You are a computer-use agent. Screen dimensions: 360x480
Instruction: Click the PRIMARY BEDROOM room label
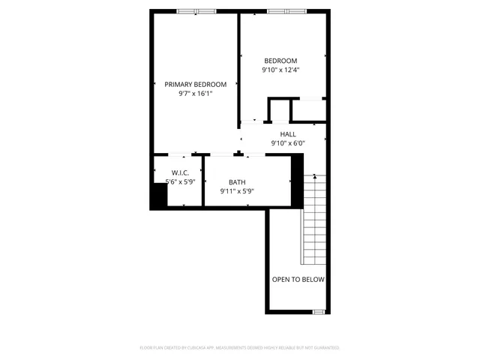[195, 85]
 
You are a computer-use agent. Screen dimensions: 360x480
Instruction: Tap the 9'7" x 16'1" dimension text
[195, 94]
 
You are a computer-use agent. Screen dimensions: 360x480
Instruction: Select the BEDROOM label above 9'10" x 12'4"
[280, 61]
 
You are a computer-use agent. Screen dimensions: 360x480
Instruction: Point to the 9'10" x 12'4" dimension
[280, 70]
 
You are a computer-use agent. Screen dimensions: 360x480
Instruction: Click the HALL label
[288, 134]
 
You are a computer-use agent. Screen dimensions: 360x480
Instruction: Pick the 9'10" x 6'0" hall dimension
[288, 143]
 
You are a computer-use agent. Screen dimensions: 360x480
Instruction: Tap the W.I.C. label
[180, 172]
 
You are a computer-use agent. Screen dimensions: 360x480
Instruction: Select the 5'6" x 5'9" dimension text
[180, 181]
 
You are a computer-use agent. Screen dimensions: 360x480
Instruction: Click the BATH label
[237, 182]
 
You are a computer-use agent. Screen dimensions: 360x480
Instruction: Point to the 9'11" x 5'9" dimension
[237, 191]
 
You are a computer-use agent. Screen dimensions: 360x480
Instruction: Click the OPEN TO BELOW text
[298, 280]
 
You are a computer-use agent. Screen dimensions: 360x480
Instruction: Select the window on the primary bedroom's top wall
[196, 11]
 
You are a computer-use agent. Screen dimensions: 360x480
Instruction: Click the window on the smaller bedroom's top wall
[287, 11]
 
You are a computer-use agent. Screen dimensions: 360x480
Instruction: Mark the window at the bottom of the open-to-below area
[319, 311]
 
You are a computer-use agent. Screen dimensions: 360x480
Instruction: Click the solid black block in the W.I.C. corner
[158, 196]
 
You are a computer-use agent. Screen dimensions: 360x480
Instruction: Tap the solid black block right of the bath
[297, 178]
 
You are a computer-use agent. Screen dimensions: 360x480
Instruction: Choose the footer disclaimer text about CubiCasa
[240, 348]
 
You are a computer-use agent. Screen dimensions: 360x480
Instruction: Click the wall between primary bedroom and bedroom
[238, 67]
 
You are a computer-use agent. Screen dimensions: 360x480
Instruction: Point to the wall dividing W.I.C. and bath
[203, 180]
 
